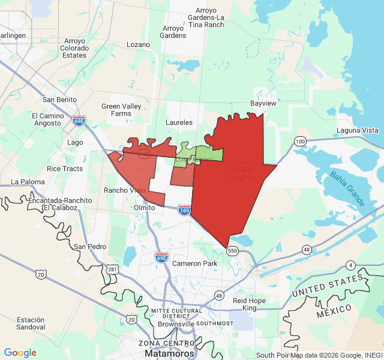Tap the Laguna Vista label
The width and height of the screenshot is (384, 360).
coord(358,130)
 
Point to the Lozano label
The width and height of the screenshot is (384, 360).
coord(139,44)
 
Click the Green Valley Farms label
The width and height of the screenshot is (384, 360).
coord(116,110)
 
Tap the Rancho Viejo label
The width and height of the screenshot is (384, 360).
coord(125,190)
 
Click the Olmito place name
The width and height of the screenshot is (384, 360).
coord(144,208)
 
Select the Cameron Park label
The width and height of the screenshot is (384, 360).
coord(194,263)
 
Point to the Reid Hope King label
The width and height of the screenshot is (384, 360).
coord(249,304)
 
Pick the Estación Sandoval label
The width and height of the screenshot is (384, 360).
coord(31,323)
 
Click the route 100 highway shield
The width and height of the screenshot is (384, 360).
coord(300,141)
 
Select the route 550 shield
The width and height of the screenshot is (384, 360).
coord(232,250)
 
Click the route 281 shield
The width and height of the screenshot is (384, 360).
coord(112,269)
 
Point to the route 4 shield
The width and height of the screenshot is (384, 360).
coord(350,265)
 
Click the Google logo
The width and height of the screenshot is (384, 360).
coord(20,353)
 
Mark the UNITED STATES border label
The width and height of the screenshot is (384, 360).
coord(328,286)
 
